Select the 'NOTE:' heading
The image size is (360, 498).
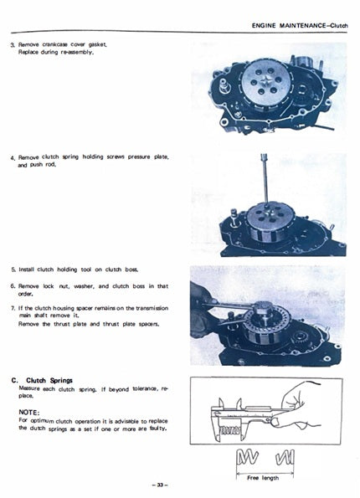[x=30, y=411]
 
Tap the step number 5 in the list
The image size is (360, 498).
[x=13, y=270]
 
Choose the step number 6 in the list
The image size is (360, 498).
[x=13, y=285]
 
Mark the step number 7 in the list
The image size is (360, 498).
[x=13, y=307]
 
